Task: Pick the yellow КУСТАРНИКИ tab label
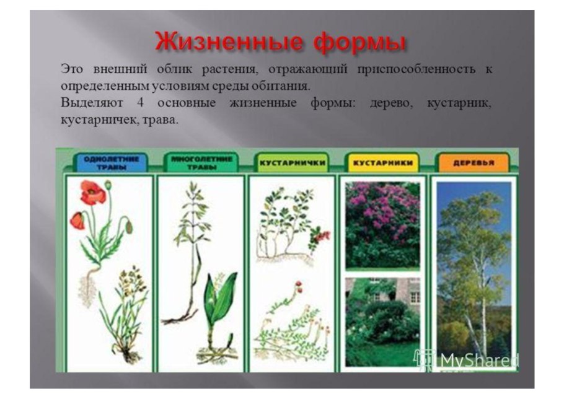pyautogui.click(x=384, y=162)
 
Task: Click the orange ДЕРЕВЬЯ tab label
pyautogui.click(x=474, y=162)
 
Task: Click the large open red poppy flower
pyautogui.click(x=92, y=193)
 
